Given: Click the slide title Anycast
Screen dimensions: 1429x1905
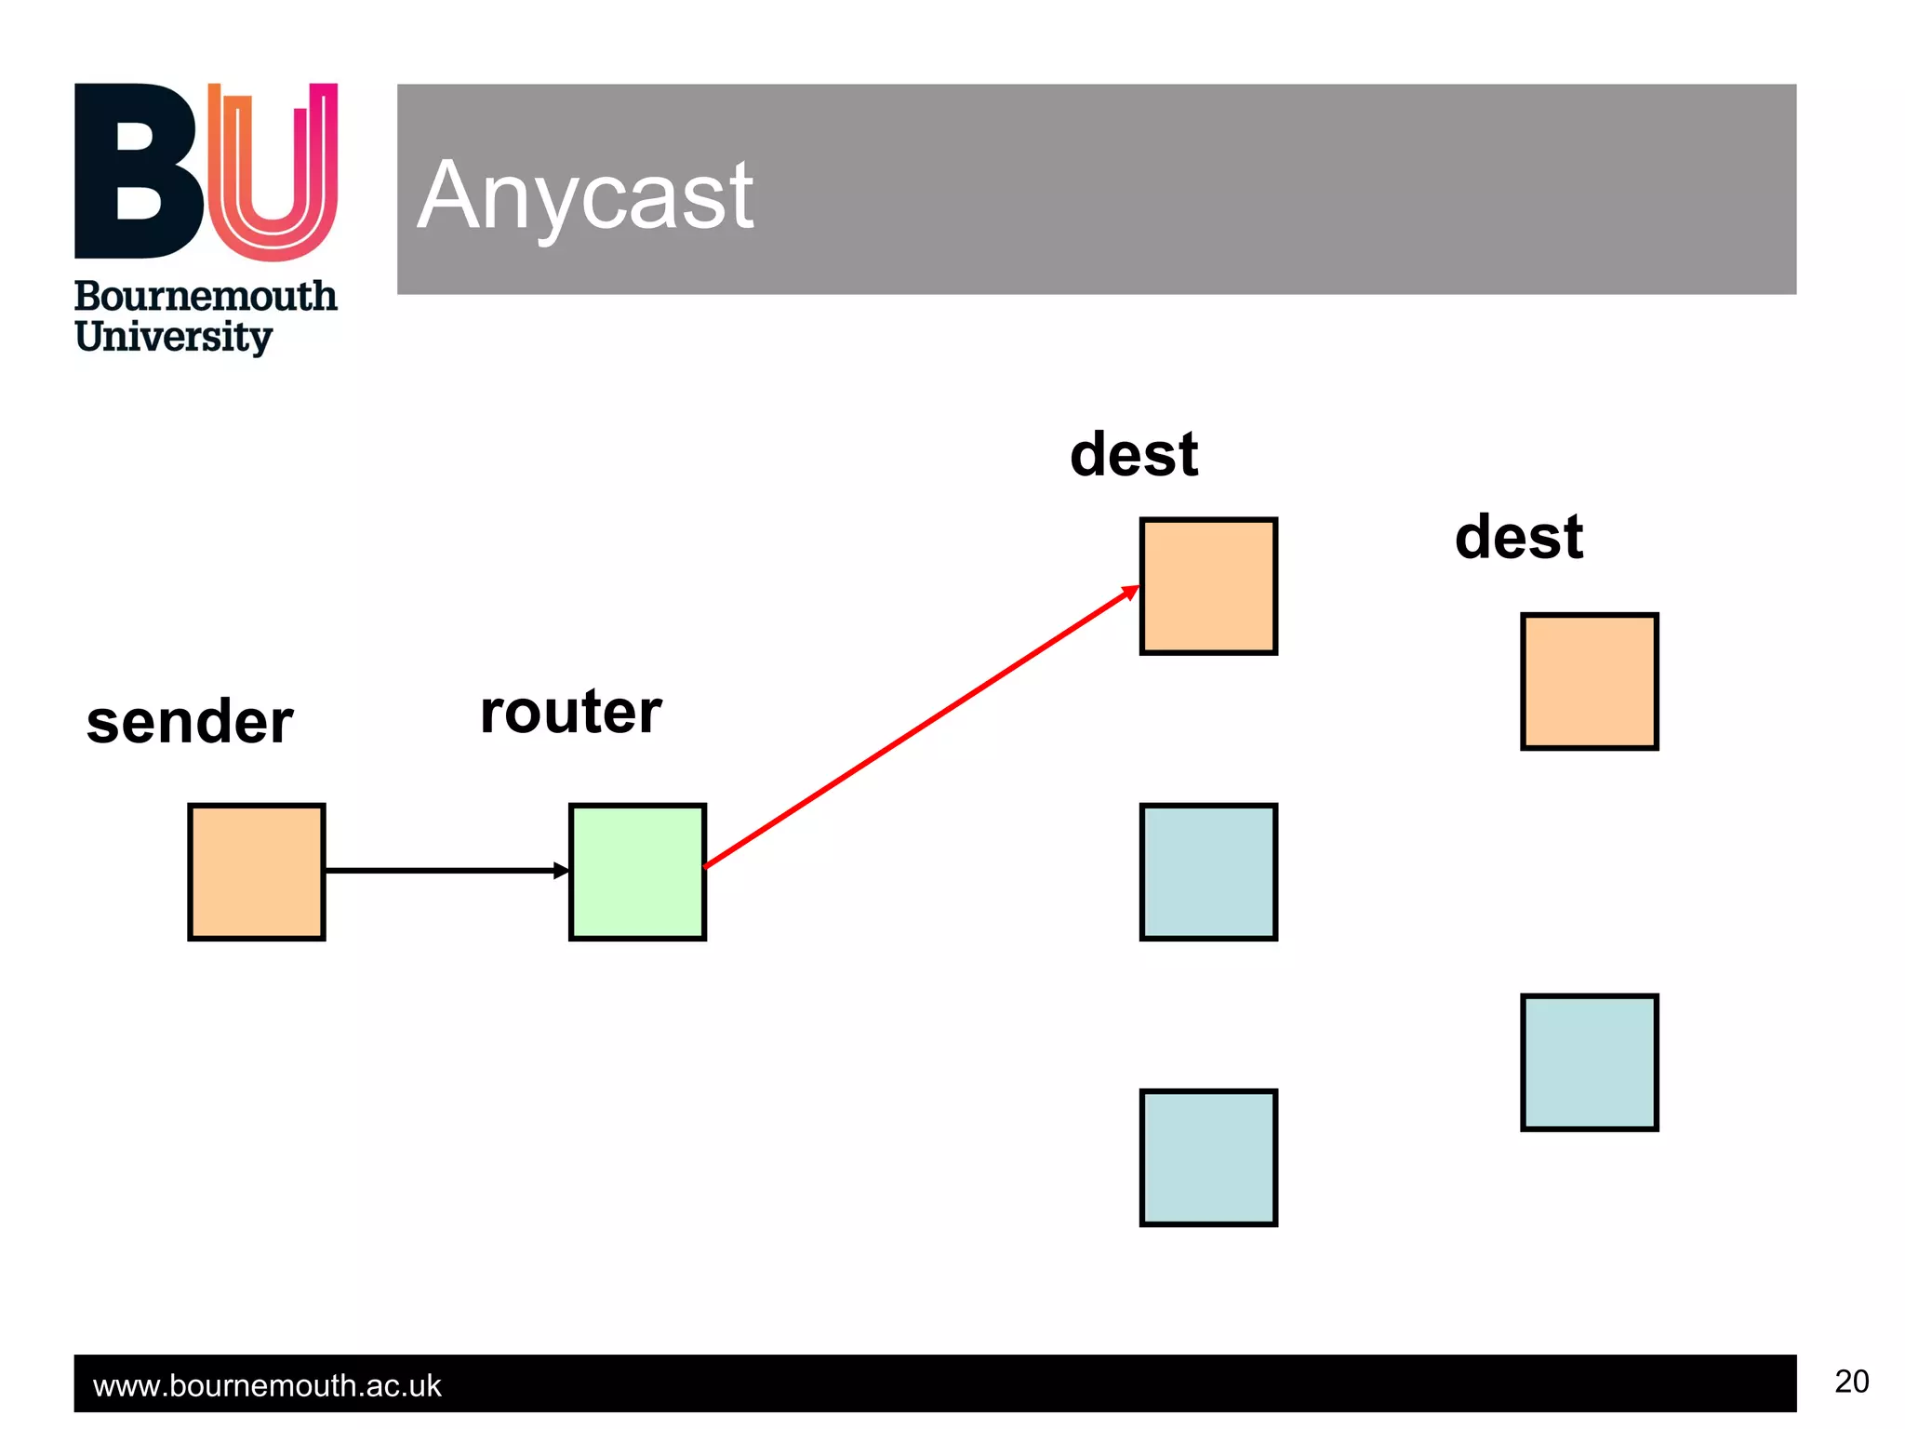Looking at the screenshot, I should click(585, 195).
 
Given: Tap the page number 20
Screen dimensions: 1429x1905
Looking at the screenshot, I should click(1851, 1382).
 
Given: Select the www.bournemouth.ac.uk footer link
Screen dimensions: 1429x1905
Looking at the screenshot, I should click(267, 1386).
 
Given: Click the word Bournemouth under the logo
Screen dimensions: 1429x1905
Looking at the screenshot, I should click(206, 297).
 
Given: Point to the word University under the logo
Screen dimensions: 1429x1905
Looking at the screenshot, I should click(174, 337).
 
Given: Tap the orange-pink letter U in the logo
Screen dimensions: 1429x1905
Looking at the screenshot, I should click(273, 172).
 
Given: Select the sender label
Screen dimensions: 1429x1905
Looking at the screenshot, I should click(190, 722).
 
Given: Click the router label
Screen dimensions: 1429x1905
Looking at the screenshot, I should click(570, 712).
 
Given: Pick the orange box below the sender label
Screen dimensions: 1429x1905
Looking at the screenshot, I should click(257, 872).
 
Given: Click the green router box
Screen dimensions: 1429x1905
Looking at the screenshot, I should click(637, 872).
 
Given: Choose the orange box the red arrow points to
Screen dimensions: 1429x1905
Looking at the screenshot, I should click(1208, 586).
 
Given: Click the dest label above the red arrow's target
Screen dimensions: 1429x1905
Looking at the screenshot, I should click(1134, 455).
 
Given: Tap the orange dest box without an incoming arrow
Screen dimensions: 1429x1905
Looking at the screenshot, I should click(1589, 681).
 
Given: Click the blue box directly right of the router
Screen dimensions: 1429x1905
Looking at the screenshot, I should click(1208, 872).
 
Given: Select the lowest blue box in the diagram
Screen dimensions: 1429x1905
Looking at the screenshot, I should click(1208, 1157).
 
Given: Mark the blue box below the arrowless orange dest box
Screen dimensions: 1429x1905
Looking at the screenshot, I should click(1589, 1062).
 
